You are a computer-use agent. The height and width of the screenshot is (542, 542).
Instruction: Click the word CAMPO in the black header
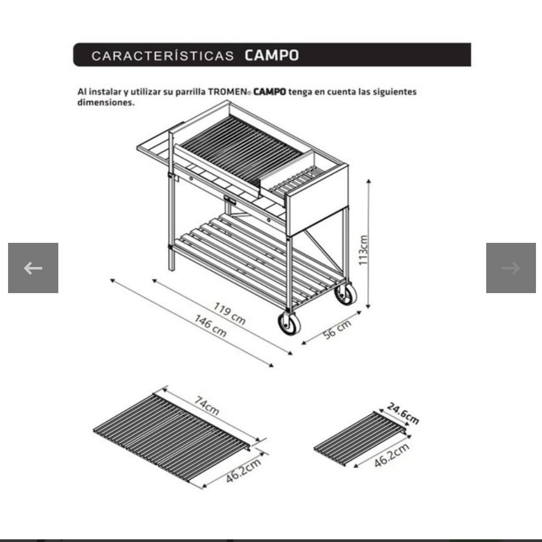[272, 55]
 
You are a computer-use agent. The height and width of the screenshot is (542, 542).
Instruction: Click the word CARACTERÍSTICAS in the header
[163, 56]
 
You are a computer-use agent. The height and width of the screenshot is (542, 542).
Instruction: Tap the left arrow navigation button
[33, 268]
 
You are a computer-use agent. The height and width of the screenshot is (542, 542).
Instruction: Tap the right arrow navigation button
[511, 268]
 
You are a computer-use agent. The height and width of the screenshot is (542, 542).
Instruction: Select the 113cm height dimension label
[364, 250]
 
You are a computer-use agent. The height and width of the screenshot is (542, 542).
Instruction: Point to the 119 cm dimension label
[229, 314]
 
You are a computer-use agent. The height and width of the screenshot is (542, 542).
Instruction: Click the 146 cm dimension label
[211, 326]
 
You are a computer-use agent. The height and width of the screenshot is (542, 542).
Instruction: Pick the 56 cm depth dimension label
[337, 329]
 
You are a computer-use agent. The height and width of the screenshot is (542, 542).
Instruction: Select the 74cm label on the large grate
[206, 405]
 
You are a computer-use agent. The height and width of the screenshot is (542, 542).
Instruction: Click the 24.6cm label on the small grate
[403, 413]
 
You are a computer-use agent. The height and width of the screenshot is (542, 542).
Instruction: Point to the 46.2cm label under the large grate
[243, 471]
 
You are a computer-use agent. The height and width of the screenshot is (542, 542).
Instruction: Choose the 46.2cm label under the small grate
[392, 455]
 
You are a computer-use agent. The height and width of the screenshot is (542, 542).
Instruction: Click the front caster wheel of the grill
[289, 324]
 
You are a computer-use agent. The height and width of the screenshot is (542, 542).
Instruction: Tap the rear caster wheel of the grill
[346, 294]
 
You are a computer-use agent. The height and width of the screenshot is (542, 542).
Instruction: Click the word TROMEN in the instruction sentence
[227, 92]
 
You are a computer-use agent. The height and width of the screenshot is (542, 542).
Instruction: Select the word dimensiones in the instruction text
[106, 103]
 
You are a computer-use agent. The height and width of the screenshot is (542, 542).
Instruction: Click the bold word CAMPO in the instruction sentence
[269, 92]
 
